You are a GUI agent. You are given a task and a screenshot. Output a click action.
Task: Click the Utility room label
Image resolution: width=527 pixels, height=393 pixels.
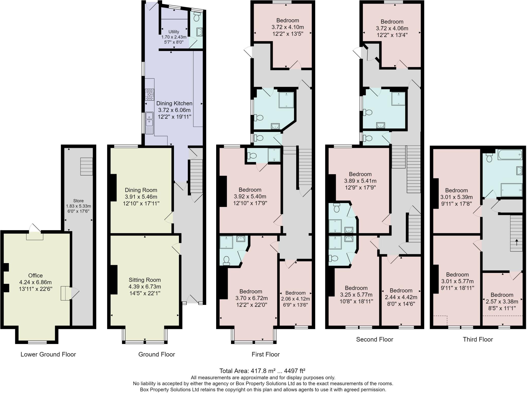pyautogui.click(x=174, y=32)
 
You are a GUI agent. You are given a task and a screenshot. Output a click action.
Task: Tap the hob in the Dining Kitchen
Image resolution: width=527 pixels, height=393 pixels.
pyautogui.click(x=150, y=94)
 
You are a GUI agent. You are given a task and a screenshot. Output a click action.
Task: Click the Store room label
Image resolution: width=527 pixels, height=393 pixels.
pyautogui.click(x=78, y=201)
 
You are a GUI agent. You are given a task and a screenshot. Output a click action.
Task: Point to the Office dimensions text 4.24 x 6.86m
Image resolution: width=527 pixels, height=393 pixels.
pyautogui.click(x=36, y=282)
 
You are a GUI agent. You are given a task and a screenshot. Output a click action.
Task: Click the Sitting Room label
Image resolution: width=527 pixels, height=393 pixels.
pyautogui.click(x=145, y=280)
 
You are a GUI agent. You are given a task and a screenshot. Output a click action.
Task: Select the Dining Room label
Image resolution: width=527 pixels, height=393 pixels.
pyautogui.click(x=141, y=190)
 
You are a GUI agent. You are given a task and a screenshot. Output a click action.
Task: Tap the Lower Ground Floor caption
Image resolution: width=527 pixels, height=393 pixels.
pyautogui.click(x=48, y=354)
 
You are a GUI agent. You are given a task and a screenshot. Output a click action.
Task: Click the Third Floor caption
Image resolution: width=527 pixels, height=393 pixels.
pyautogui.click(x=478, y=339)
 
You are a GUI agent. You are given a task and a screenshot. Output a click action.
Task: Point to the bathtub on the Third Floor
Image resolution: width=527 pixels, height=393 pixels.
pyautogui.click(x=510, y=155)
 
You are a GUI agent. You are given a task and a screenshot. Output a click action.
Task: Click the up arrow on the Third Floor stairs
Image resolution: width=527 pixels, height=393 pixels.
pyautogui.click(x=516, y=242)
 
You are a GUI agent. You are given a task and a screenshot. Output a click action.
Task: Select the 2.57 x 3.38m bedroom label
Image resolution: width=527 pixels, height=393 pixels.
pyautogui.click(x=502, y=302)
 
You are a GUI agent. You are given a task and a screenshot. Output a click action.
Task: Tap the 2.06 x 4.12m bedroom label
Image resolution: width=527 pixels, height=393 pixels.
pyautogui.click(x=295, y=299)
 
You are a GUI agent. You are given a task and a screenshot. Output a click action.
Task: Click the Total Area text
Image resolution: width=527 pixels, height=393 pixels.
pyautogui.click(x=262, y=371)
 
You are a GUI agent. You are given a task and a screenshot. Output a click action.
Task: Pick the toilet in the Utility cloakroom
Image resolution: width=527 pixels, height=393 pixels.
pyautogui.click(x=197, y=18)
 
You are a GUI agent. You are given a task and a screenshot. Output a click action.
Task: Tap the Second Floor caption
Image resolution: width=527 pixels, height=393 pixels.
pyautogui.click(x=374, y=339)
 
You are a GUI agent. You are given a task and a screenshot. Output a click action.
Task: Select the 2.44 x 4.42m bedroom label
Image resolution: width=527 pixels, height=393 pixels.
pyautogui.click(x=401, y=297)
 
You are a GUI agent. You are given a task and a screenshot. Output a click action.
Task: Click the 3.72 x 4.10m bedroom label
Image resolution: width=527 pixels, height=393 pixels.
pyautogui.click(x=287, y=27)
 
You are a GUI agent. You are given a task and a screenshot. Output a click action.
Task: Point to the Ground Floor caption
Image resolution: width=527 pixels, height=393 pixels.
pyautogui.click(x=156, y=354)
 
